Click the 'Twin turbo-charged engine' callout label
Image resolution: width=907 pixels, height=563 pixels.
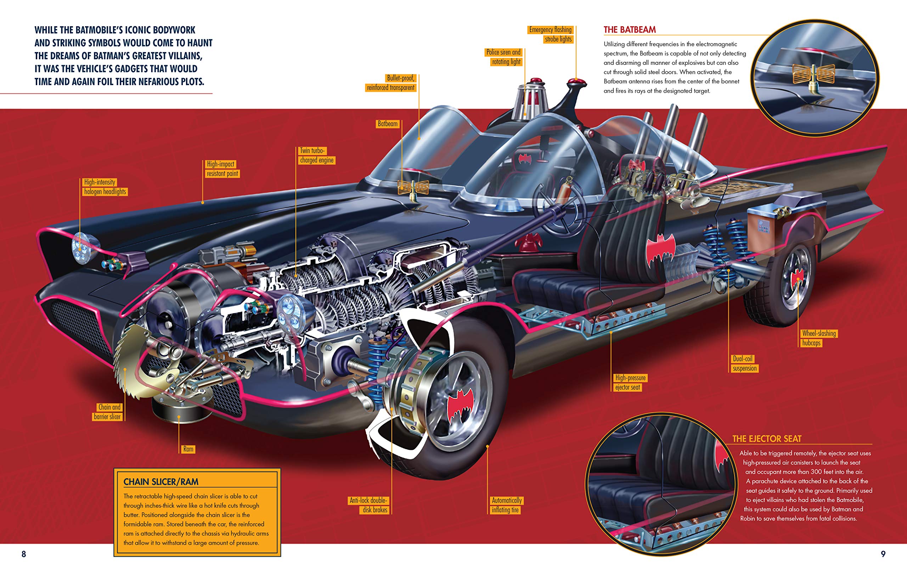click(x=317, y=156)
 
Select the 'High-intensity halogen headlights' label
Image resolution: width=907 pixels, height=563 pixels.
click(x=105, y=187)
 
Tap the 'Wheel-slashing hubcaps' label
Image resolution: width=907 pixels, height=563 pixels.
click(x=818, y=338)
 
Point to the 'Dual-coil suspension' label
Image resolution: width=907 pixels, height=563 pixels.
click(x=744, y=363)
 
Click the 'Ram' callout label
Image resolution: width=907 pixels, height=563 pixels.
click(x=188, y=449)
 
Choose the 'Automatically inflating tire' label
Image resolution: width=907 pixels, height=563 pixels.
click(x=506, y=505)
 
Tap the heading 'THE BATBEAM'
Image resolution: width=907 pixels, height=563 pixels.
click(x=630, y=30)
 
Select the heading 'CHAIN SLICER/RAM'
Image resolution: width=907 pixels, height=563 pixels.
click(x=161, y=482)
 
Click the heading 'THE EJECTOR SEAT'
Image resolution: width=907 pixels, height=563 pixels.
click(x=767, y=439)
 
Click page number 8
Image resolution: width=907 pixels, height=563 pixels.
click(x=24, y=554)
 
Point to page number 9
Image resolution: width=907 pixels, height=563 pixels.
click(x=883, y=554)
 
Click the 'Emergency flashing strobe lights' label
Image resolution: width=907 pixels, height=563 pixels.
click(x=551, y=34)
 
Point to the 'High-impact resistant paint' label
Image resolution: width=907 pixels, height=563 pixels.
click(x=222, y=169)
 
